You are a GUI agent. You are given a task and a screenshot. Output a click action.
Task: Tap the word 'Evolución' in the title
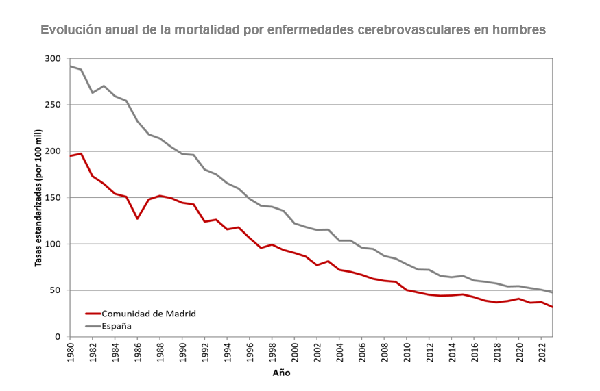(70, 30)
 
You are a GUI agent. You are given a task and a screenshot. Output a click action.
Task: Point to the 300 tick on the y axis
(53, 59)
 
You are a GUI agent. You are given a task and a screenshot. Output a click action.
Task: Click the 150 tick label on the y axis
(53, 198)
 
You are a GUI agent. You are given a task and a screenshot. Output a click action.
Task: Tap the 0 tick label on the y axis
(59, 337)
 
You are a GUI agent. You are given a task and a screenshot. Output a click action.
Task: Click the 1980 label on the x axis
(70, 351)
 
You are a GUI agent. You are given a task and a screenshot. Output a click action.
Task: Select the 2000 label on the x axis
(294, 351)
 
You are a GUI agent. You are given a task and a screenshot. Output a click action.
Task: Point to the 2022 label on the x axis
(541, 351)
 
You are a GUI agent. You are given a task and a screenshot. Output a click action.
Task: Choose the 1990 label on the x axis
(182, 351)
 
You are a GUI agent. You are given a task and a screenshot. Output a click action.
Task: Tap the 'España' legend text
(117, 326)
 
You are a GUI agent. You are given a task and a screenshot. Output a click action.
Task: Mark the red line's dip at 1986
(137, 218)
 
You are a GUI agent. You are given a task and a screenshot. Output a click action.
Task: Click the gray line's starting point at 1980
(70, 66)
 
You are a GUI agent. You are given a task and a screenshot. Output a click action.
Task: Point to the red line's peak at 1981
(81, 153)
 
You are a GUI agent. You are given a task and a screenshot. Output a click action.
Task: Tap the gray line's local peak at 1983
(104, 86)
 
